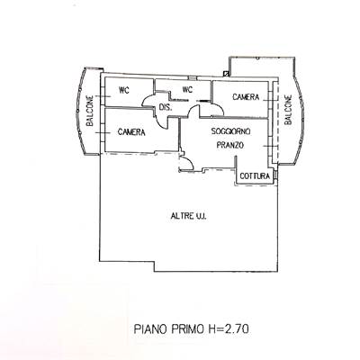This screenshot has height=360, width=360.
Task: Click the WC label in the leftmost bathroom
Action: tap(124, 90)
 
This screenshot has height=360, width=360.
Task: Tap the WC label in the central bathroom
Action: tap(187, 89)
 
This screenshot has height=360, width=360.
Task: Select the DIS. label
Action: tap(166, 107)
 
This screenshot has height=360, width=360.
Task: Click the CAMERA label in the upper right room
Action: tap(246, 97)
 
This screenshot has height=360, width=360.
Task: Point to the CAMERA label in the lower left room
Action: tap(131, 132)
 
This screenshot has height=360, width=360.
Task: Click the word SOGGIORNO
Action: tap(230, 131)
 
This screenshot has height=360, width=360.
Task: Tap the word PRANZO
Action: tap(230, 145)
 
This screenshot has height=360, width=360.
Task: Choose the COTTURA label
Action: tap(255, 176)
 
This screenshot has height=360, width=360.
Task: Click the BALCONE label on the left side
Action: tap(90, 111)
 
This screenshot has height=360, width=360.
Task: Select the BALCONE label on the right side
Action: tap(288, 110)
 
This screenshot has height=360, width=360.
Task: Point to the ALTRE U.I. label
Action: tap(188, 216)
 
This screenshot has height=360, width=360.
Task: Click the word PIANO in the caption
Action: tap(151, 329)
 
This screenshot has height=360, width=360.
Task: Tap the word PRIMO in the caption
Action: tap(187, 329)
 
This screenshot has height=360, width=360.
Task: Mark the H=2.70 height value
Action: tap(229, 329)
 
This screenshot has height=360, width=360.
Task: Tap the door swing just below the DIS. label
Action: tap(161, 121)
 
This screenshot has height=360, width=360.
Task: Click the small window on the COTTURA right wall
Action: tap(276, 175)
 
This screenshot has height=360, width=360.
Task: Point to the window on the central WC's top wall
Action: tap(192, 78)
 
